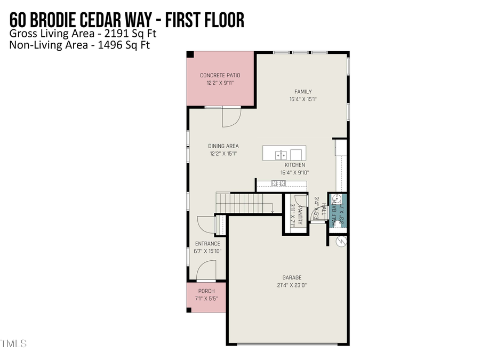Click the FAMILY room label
(303, 92)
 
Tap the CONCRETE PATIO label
(220, 75)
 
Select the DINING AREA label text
(223, 146)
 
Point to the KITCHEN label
(294, 165)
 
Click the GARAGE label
(292, 277)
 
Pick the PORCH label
(206, 291)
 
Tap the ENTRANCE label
(207, 244)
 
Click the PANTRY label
(300, 215)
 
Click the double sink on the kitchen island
(281, 155)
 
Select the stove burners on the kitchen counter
(278, 183)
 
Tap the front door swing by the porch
(206, 270)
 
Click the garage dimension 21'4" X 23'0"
(292, 285)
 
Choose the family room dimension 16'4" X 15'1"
(303, 99)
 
